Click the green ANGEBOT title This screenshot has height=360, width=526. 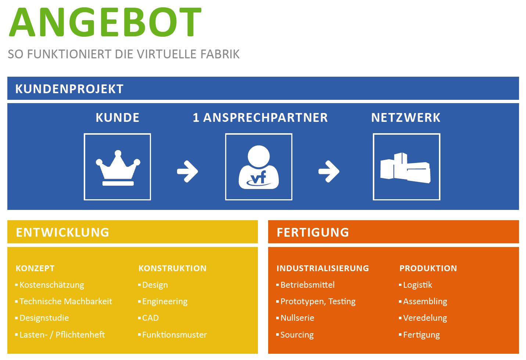(x=105, y=22)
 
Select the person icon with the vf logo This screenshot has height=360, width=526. (x=259, y=168)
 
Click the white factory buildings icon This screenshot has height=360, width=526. (x=406, y=168)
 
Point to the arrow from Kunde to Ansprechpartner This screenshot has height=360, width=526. (x=188, y=171)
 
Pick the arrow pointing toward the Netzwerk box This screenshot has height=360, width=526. (x=329, y=171)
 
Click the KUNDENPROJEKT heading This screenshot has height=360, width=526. (x=69, y=89)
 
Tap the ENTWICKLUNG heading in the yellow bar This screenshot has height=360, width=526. (x=62, y=232)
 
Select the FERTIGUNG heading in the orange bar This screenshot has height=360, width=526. (x=313, y=232)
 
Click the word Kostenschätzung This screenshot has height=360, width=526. (x=52, y=285)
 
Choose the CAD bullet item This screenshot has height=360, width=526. (x=150, y=318)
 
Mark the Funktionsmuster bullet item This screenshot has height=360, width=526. (x=174, y=335)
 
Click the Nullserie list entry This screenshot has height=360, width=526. (x=297, y=318)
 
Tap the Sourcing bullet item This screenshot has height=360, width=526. (x=297, y=335)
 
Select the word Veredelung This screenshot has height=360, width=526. (x=425, y=318)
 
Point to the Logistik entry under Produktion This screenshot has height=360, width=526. (x=417, y=285)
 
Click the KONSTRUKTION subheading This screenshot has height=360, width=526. (x=172, y=268)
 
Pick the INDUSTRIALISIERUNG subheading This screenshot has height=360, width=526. (x=323, y=268)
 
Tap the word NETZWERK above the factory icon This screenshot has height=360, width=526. (x=406, y=117)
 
